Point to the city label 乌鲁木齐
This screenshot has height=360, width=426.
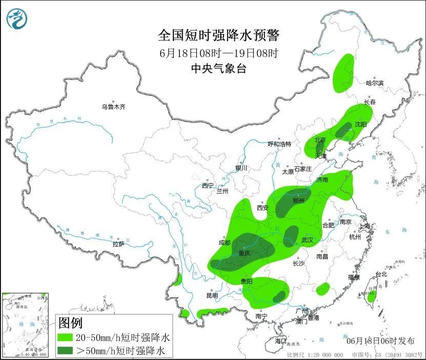pos(113,107)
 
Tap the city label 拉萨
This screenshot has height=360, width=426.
pos(118,244)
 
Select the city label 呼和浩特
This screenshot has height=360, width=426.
pos(279,144)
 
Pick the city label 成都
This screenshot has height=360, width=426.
pos(224,242)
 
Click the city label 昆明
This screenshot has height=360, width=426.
pos(212,295)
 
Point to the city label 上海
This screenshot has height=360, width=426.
pos(365,226)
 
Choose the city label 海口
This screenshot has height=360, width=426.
pos(280,341)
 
